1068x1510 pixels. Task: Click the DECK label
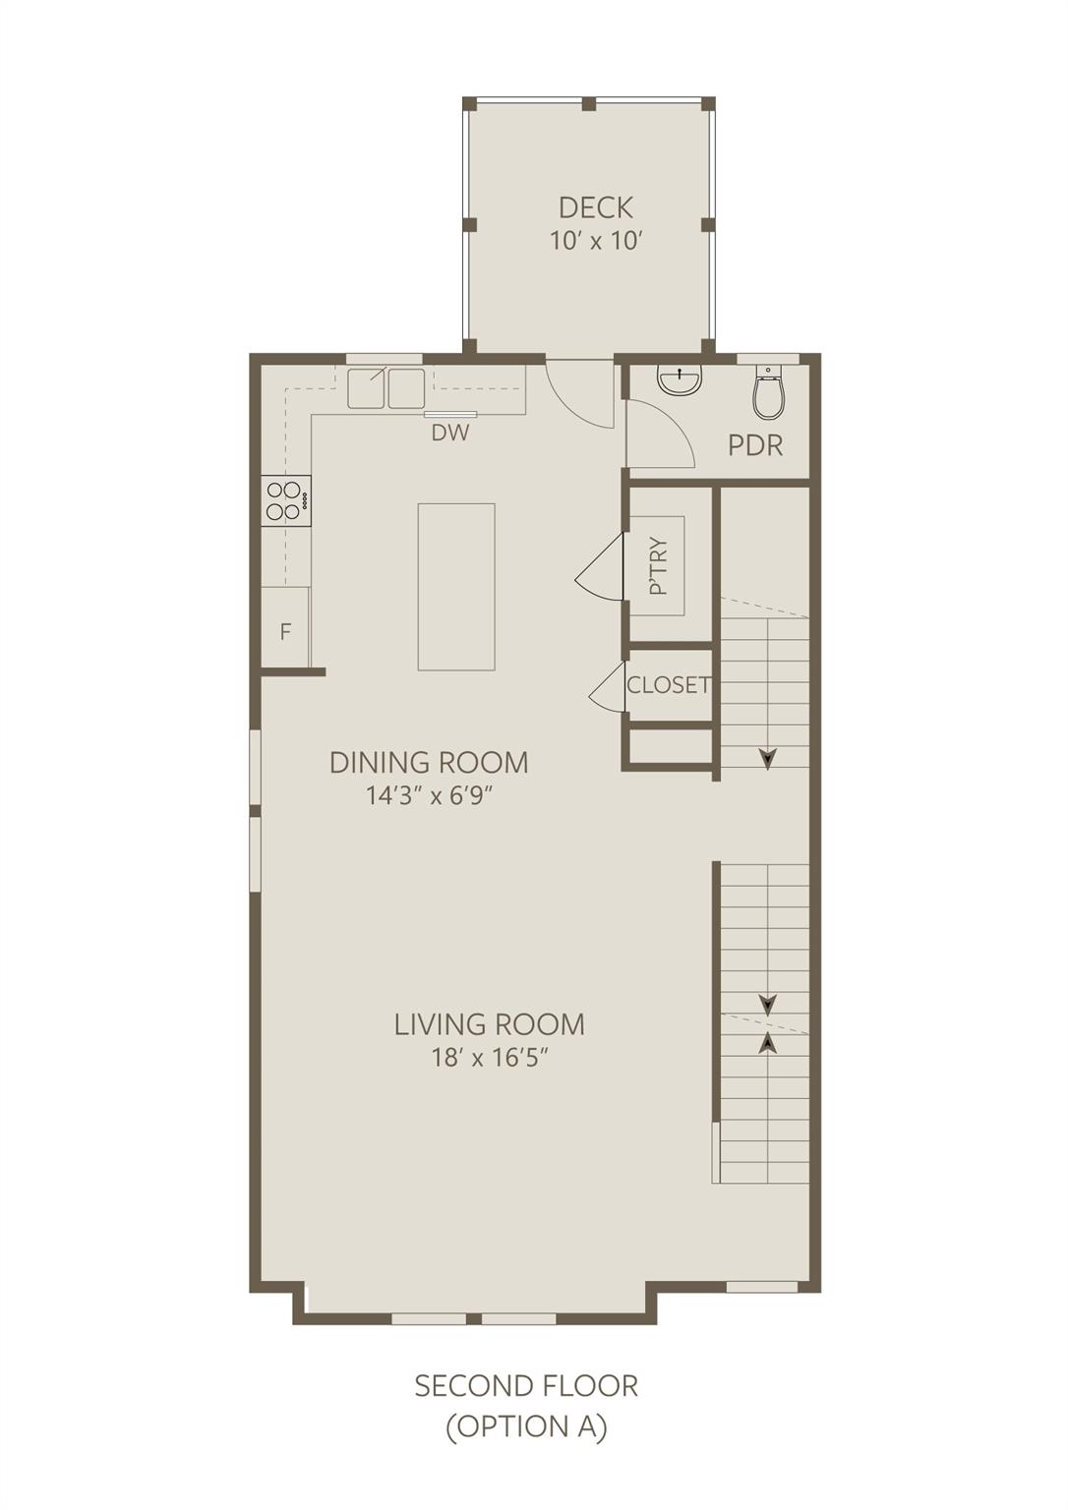point(595,207)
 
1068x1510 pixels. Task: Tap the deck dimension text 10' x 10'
point(595,241)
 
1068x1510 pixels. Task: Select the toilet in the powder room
point(768,393)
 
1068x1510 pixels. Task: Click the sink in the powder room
point(680,380)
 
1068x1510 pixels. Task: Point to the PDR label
point(755,445)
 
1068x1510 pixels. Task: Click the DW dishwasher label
point(450,432)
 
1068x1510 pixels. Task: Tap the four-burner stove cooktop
point(285,500)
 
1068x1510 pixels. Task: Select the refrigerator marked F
point(285,630)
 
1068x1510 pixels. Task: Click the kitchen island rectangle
point(456,586)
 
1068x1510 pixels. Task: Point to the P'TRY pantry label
point(658,565)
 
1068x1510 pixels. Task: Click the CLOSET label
point(669,684)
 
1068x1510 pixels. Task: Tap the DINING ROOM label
point(428,762)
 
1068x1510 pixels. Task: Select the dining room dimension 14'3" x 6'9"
point(428,795)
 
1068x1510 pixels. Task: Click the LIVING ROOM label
point(489,1024)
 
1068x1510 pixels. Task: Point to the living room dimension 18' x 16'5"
point(489,1058)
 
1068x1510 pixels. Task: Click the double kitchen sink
point(386,387)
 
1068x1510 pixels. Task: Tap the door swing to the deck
point(584,393)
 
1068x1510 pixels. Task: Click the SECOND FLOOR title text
point(526,1386)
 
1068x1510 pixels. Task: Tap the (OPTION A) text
point(526,1426)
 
